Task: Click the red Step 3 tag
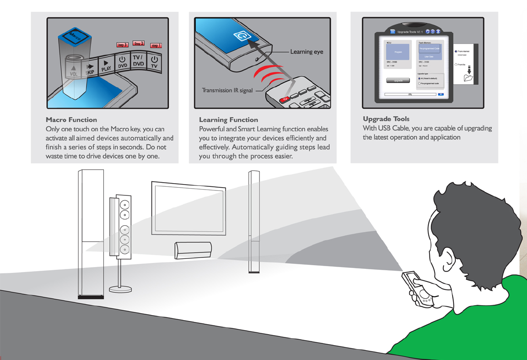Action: [x=122, y=45]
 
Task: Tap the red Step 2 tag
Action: [x=139, y=44]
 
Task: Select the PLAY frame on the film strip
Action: [x=106, y=66]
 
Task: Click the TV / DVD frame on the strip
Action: [x=138, y=61]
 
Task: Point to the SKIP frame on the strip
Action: [x=89, y=68]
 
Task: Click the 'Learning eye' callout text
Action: [x=307, y=52]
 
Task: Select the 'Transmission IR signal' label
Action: [x=227, y=90]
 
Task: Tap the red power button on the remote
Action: [x=285, y=99]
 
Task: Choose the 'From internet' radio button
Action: [x=456, y=52]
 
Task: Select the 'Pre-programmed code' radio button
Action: [x=419, y=83]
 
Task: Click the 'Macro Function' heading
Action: [x=71, y=120]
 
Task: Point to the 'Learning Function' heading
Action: [x=228, y=120]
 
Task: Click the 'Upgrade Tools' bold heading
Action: [x=386, y=119]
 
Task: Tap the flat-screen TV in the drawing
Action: [x=189, y=209]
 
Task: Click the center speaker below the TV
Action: [x=193, y=250]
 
